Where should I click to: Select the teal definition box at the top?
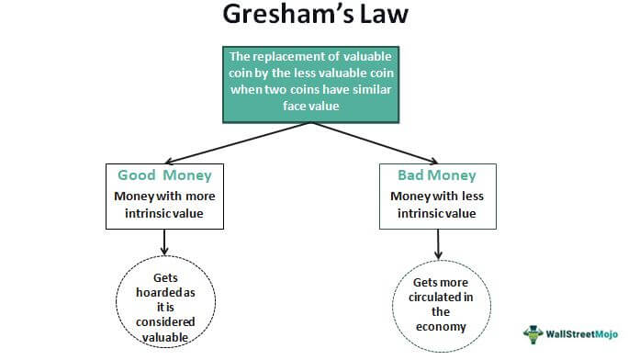point(314,84)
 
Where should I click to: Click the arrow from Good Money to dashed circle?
point(163,242)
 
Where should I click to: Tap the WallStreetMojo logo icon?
point(532,334)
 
